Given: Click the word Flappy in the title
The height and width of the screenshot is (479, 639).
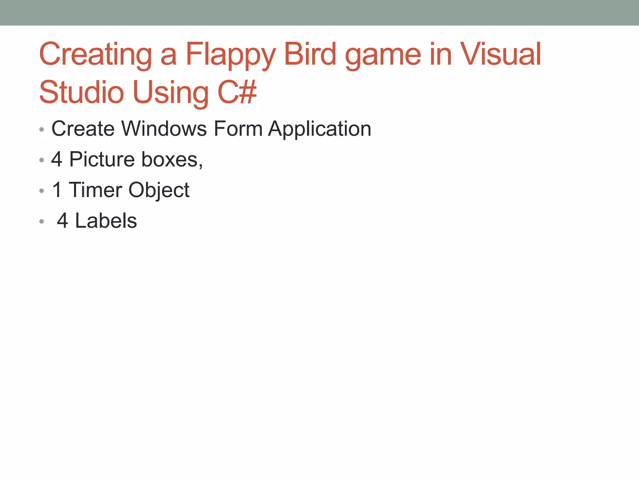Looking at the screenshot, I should [230, 55].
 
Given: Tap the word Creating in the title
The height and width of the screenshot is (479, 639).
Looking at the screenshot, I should [95, 55].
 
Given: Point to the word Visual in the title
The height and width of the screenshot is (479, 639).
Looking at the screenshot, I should [500, 54].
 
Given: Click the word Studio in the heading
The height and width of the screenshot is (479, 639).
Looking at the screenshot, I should [81, 92].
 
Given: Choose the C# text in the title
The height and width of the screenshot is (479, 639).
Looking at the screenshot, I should [237, 92].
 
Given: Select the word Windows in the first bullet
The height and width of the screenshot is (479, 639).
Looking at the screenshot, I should [164, 128].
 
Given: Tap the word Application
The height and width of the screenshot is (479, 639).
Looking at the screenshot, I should [320, 129].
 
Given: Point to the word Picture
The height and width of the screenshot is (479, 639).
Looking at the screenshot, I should [102, 159].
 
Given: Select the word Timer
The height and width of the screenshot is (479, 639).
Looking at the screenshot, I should [95, 190].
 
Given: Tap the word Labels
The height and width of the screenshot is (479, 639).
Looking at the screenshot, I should [106, 221].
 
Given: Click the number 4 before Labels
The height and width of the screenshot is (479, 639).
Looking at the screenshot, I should [62, 221].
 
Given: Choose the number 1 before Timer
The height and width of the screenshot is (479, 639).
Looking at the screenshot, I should [57, 190].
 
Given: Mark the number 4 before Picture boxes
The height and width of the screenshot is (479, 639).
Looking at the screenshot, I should [56, 159].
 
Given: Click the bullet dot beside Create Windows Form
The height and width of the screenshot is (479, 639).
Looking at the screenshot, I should [41, 129].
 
